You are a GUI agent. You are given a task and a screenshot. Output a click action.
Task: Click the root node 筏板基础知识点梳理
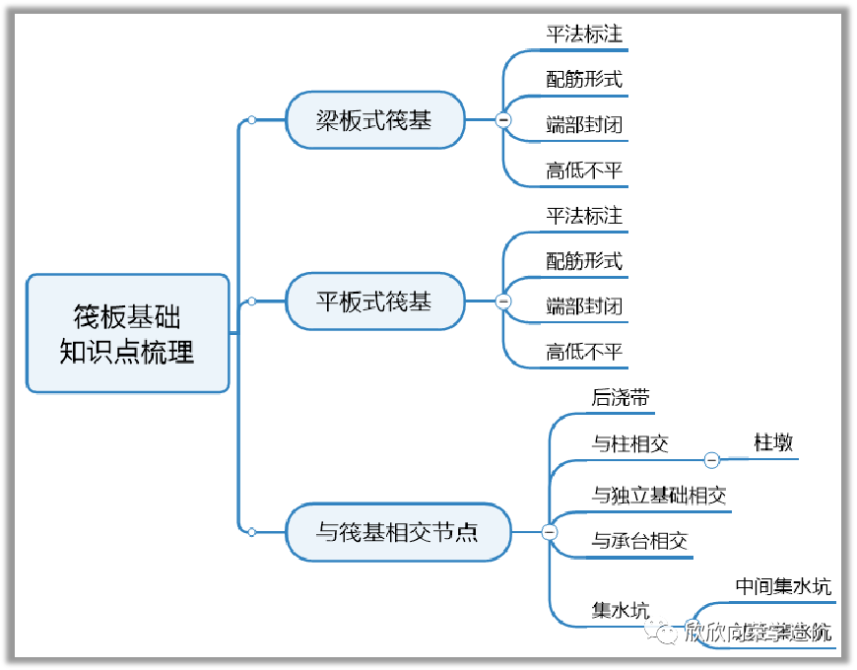[x=128, y=334]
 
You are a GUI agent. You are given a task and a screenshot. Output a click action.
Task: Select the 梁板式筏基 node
[x=374, y=120]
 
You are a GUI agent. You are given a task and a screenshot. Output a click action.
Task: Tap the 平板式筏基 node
[x=374, y=301]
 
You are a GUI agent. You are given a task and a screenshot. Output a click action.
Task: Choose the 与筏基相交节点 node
[x=398, y=532]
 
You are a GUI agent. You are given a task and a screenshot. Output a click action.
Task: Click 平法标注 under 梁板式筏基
[x=585, y=33]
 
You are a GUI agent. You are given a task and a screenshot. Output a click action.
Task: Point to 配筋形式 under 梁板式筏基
[x=585, y=79]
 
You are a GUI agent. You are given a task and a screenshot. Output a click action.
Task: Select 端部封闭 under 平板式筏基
[x=585, y=305]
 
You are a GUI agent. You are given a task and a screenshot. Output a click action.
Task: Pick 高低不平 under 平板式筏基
[x=585, y=351]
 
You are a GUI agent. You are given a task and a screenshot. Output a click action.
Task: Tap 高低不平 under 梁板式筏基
[x=585, y=170]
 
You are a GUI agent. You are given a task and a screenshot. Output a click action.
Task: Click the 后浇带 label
[x=621, y=398]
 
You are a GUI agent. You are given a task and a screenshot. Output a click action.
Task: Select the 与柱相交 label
[x=630, y=443]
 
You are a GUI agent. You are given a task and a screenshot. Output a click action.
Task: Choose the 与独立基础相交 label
[x=659, y=495]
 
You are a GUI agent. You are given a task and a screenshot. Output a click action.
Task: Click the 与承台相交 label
[x=639, y=540]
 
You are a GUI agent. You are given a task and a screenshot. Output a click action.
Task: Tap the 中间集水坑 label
[x=783, y=586]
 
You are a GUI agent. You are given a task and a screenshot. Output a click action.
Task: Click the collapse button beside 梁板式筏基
[x=503, y=120]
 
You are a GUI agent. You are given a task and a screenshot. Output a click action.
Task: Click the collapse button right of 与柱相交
[x=712, y=459]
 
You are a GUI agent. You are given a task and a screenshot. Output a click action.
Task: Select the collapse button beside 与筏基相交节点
[x=550, y=532]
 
